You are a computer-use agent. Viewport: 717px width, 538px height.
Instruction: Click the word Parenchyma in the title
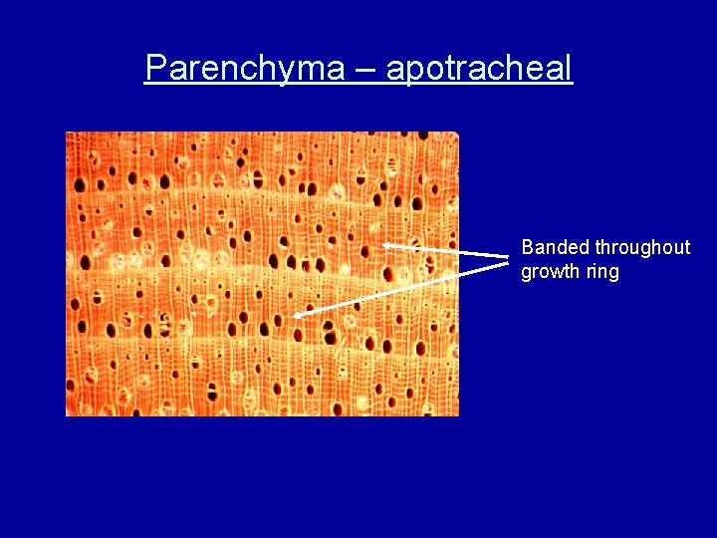[x=244, y=68]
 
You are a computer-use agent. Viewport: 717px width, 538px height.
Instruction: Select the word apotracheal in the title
[x=479, y=68]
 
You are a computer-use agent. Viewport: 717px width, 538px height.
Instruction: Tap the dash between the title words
[x=365, y=70]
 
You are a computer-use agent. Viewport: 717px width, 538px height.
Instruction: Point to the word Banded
[x=556, y=247]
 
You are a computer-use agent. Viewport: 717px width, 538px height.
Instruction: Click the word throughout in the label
[x=642, y=247]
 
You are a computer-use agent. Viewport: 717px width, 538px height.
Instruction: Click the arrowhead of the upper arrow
[x=386, y=244]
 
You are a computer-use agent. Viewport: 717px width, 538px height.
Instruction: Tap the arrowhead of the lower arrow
[x=298, y=315]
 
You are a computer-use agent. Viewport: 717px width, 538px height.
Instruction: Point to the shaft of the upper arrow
[x=448, y=251]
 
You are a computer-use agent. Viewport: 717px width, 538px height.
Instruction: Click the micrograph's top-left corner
[x=67, y=133]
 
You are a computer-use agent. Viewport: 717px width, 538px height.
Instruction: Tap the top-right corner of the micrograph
[x=458, y=133]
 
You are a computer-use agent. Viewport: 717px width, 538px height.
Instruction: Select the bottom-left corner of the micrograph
[x=67, y=414]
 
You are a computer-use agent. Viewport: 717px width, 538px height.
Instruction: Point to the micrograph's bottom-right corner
[x=458, y=414]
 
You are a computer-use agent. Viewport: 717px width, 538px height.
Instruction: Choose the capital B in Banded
[x=528, y=247]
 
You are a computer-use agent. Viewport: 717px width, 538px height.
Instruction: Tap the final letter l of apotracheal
[x=570, y=68]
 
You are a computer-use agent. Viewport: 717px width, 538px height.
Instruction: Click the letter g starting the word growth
[x=527, y=274]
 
